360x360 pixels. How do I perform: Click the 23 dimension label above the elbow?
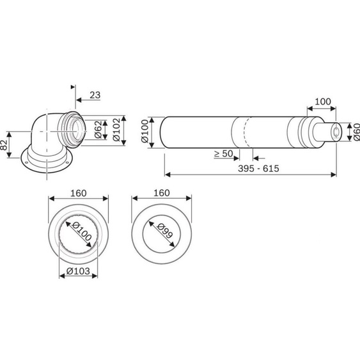(94, 95)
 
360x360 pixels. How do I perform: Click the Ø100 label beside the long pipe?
(145, 130)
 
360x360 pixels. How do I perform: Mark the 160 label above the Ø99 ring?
(162, 192)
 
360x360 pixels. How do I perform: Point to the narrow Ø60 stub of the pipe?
(335, 132)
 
